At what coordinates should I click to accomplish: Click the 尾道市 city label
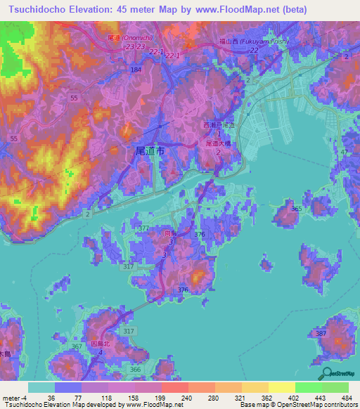tap(149, 150)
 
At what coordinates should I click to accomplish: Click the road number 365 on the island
tap(297, 209)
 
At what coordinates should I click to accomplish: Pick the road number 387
tap(321, 332)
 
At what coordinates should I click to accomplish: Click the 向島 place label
tap(168, 232)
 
